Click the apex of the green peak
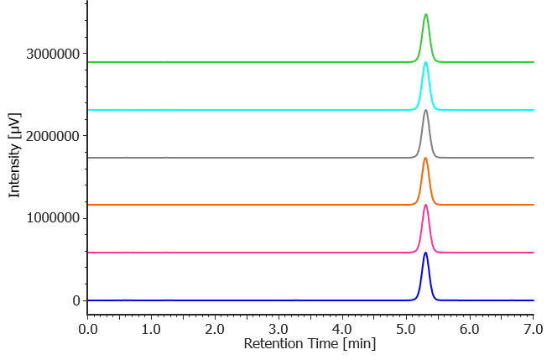[x=426, y=15]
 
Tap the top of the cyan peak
[x=426, y=62]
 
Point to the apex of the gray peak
[x=426, y=110]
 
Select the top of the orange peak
[x=426, y=158]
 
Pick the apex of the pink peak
[x=426, y=205]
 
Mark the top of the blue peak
[x=426, y=253]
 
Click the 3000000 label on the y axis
[x=53, y=55]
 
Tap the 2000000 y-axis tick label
[x=53, y=137]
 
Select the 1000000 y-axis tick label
[x=53, y=218]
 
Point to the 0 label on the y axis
[x=76, y=300]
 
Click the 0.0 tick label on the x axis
[x=87, y=330]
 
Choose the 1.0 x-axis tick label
[x=151, y=330]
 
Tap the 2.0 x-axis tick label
[x=215, y=330]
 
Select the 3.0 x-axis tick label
[x=279, y=330]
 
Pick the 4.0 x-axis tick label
[x=342, y=330]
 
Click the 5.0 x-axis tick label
[x=406, y=330]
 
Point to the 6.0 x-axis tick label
[x=470, y=330]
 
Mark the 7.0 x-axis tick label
[x=533, y=330]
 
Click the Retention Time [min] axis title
[x=310, y=344]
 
